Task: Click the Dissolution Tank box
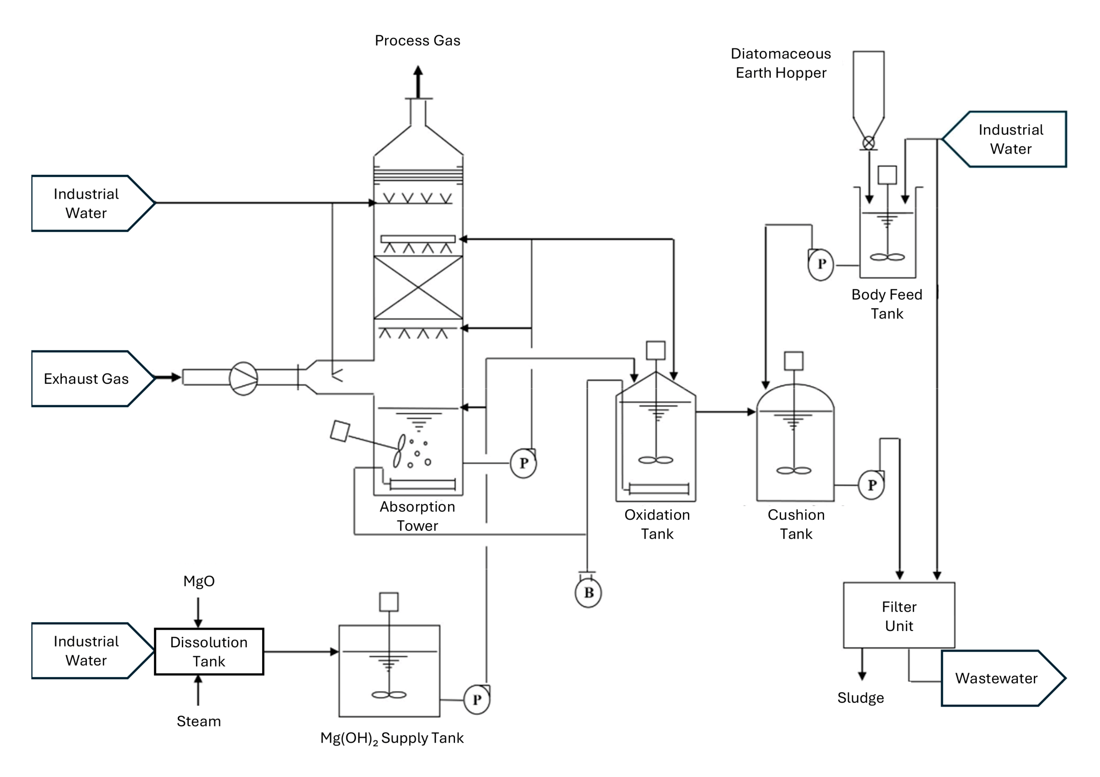[209, 651]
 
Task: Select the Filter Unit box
[899, 615]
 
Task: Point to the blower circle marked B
[588, 593]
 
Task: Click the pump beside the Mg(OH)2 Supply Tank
[477, 699]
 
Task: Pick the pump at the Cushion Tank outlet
[871, 485]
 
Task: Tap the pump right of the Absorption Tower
[523, 463]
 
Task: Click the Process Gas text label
[417, 41]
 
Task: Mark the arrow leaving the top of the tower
[418, 82]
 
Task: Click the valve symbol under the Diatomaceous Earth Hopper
[868, 143]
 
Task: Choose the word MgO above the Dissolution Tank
[199, 581]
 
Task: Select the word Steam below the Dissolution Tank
[199, 721]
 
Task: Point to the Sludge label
[861, 698]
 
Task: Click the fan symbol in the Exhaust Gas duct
[243, 378]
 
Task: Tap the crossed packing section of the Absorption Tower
[418, 287]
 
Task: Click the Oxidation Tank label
[657, 524]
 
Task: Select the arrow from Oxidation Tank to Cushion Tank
[725, 412]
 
